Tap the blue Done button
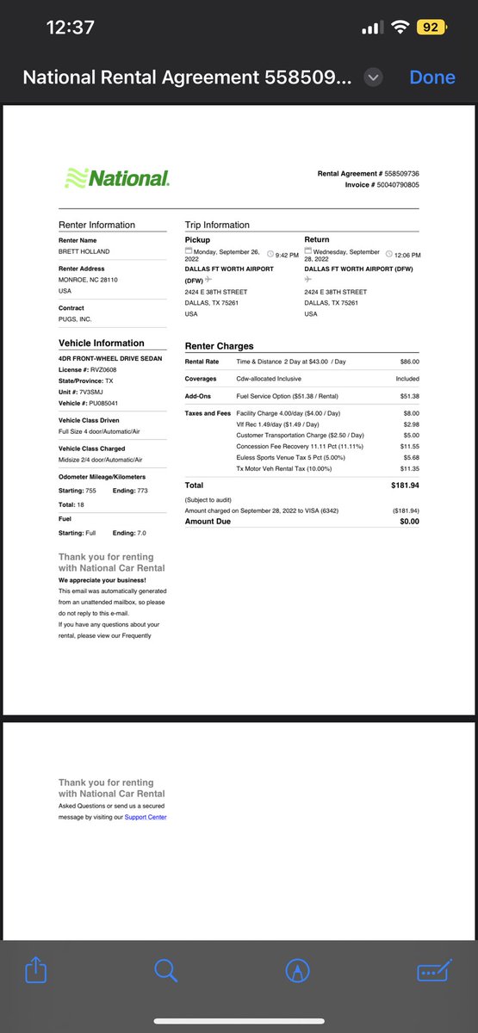pos(432,77)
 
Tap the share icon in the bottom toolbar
pos(36,971)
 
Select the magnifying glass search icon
pos(165,971)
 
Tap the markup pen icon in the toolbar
pos(298,971)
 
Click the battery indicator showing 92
pos(430,28)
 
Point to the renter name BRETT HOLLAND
pos(84,252)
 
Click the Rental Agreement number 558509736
pos(402,174)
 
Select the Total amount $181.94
pos(405,486)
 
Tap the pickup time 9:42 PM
pos(287,255)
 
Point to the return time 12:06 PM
pos(407,255)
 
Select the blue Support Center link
pos(146,817)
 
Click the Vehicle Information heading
pos(101,343)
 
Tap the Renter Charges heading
pos(219,346)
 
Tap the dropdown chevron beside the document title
pos(373,77)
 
